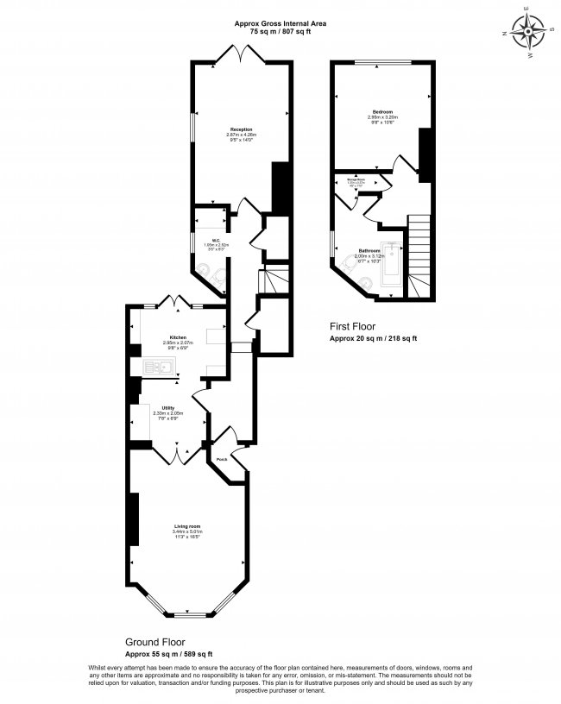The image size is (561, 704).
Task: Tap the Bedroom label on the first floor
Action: click(x=383, y=112)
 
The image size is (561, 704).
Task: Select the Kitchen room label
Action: click(x=179, y=337)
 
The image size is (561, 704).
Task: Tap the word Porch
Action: click(x=222, y=459)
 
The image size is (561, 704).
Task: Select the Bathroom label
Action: click(x=370, y=250)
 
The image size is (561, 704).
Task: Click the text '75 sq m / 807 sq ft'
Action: click(x=280, y=31)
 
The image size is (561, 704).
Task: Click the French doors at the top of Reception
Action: click(x=236, y=53)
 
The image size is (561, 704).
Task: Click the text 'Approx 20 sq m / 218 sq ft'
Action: click(x=374, y=338)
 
